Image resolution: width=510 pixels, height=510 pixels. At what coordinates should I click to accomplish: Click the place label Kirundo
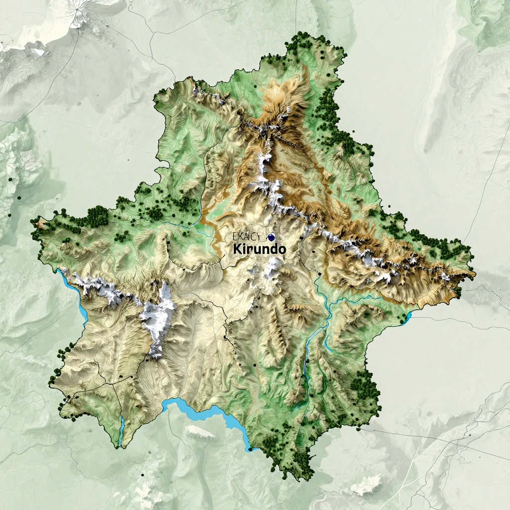click(259, 249)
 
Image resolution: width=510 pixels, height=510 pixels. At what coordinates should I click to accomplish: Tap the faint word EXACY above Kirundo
click(246, 237)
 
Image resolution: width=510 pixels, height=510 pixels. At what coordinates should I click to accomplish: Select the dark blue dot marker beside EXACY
click(271, 237)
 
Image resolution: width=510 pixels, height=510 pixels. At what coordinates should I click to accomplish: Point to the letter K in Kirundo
click(237, 249)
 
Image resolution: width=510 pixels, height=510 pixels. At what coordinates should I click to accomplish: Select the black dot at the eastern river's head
click(319, 273)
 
